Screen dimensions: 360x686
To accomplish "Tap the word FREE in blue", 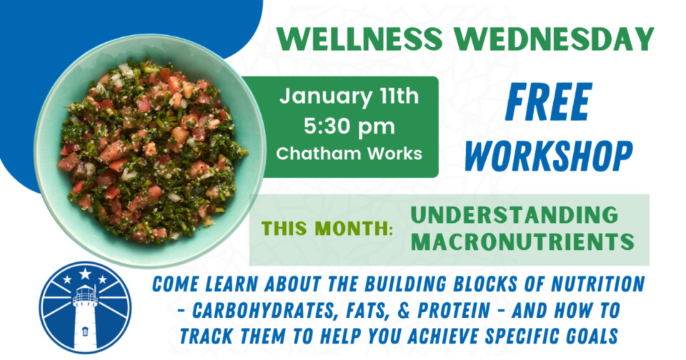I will (548, 103).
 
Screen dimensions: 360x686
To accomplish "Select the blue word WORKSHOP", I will (548, 155).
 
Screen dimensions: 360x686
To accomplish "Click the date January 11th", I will (349, 96).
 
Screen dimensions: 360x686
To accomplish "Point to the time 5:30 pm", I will (349, 127).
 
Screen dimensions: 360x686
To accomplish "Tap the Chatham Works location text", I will (349, 153).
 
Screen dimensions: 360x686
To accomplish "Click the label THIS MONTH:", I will (328, 229).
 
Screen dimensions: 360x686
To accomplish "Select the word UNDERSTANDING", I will (514, 215).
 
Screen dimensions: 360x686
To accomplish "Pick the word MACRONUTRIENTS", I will (522, 242).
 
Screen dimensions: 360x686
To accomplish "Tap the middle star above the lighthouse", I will (85, 274).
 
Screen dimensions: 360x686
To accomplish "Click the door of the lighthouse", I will (85, 331).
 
